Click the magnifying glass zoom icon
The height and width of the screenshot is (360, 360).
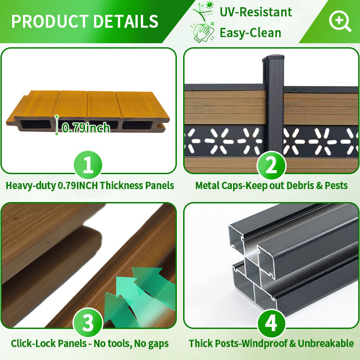[340, 21]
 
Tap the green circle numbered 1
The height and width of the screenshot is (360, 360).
[88, 165]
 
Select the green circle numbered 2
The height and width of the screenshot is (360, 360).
[271, 165]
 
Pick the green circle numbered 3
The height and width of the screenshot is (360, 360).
[88, 323]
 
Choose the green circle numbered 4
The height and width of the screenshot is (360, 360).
[271, 323]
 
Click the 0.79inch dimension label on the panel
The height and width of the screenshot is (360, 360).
[86, 128]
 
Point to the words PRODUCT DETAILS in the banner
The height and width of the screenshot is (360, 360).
[85, 21]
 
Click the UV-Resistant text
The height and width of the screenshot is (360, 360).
[256, 12]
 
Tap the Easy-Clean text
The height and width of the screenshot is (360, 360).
[250, 32]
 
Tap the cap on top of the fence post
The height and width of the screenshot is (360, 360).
[273, 58]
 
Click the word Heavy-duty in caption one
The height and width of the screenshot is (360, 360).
[31, 185]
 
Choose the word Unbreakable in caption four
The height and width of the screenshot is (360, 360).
[325, 343]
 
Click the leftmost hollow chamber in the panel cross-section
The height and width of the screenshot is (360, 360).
[36, 125]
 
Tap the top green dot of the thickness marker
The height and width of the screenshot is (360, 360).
[57, 117]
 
